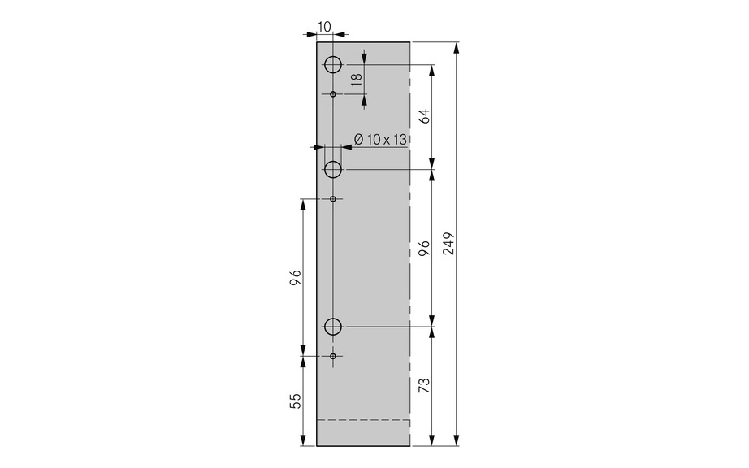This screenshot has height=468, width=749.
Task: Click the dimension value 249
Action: click(x=449, y=244)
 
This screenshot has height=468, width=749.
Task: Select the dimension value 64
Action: click(x=424, y=115)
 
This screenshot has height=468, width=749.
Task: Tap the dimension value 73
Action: click(x=424, y=385)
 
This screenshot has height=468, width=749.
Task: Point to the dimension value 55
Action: click(x=296, y=401)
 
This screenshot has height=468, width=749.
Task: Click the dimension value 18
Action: click(x=357, y=80)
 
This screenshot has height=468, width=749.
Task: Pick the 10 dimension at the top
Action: click(x=324, y=27)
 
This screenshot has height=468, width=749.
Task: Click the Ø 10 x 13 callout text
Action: click(x=380, y=140)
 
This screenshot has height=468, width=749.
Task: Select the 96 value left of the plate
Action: click(x=296, y=277)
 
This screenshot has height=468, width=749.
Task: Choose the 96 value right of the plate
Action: click(x=424, y=249)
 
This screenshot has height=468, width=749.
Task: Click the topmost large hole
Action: click(x=333, y=64)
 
